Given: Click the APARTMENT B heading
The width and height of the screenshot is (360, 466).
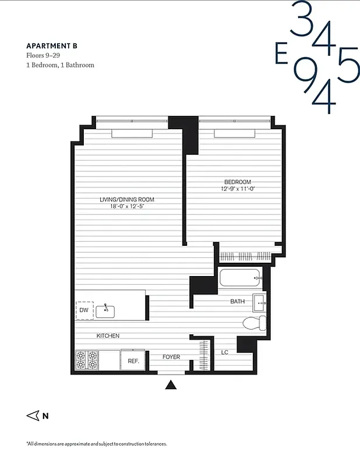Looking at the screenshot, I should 51,45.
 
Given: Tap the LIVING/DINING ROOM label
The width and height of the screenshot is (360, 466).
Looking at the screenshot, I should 126,200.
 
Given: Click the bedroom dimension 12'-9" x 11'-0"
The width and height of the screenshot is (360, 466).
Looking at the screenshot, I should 238,189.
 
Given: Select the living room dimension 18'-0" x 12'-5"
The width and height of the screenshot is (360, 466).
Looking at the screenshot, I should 126,206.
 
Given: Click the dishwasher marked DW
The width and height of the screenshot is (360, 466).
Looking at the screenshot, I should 84,310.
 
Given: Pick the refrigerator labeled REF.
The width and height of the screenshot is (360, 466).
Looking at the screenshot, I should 133,361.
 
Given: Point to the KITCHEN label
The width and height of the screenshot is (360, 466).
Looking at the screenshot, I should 108,336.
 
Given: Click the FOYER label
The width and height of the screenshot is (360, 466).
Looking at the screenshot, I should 171,357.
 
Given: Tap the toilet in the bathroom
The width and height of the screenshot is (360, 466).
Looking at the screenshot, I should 255,323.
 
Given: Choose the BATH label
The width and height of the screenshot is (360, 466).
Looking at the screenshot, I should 237,302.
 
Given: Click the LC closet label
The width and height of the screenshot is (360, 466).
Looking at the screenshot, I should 224,352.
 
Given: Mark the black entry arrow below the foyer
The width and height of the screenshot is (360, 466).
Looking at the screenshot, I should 171,384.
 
